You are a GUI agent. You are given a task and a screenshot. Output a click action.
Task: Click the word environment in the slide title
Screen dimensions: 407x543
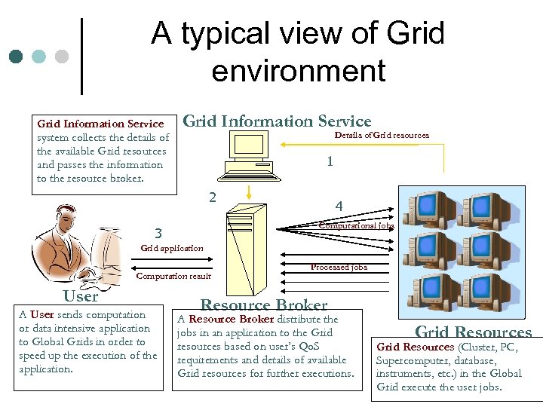(299, 71)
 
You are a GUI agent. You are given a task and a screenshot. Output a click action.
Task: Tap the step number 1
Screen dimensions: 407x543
(330, 161)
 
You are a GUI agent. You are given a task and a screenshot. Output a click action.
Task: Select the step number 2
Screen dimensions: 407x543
(213, 197)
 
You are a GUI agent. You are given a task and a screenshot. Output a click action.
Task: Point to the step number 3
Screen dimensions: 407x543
(157, 232)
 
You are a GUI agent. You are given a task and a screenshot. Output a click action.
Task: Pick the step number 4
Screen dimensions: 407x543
(339, 206)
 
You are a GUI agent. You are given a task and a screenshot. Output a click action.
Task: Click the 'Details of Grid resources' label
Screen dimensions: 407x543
(382, 135)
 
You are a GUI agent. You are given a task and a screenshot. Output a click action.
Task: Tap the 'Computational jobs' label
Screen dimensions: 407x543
(356, 225)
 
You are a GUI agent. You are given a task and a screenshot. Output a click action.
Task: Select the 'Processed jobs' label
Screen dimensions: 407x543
(339, 267)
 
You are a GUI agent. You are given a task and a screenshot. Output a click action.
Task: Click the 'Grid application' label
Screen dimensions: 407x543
(172, 248)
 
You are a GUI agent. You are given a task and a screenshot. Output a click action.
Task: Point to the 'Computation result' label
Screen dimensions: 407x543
(173, 276)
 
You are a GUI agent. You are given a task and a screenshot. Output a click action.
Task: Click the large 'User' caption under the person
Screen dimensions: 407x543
(81, 296)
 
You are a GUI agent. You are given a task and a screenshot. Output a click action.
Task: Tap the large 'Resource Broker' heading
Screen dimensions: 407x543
(263, 305)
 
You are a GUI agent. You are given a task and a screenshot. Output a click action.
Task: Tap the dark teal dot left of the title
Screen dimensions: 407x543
(16, 57)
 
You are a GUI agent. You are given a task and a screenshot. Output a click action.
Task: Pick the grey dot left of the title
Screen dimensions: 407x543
(62, 57)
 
